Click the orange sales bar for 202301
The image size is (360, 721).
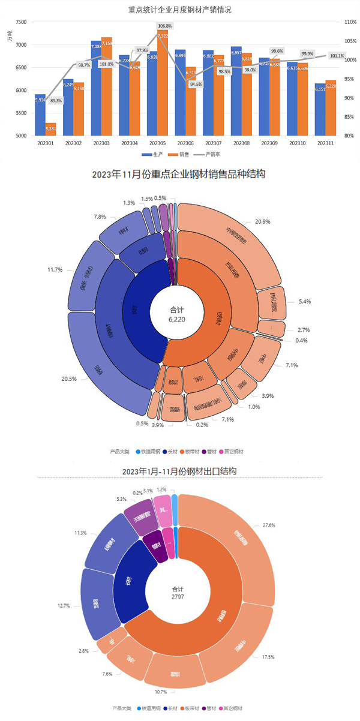(x=50, y=130)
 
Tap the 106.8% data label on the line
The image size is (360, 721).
(x=165, y=26)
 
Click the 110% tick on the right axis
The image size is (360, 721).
(x=350, y=22)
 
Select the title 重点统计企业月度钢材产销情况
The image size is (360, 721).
(x=180, y=10)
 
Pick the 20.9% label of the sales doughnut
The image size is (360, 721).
(x=262, y=222)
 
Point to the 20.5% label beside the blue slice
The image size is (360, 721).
(x=52, y=378)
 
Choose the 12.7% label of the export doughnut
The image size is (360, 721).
(x=64, y=606)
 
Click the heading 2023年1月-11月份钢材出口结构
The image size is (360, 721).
(x=179, y=471)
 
